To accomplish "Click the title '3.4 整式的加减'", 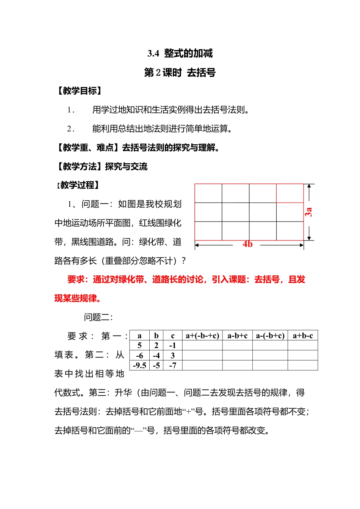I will [180, 53].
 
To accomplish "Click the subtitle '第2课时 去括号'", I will [180, 72].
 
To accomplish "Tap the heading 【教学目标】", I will [79, 91].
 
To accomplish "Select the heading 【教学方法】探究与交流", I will [101, 167].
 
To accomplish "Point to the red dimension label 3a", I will [308, 212].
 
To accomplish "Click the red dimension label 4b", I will [247, 244].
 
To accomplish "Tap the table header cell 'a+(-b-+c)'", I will [202, 336].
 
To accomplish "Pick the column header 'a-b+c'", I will [237, 336].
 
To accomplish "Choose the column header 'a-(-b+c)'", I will [270, 336].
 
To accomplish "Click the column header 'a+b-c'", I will [303, 336].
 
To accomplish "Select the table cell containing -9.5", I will [139, 365].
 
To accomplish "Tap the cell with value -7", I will [173, 365].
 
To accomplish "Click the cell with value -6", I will [139, 356].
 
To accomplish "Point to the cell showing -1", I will [173, 345].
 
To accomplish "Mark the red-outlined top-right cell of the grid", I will [290, 193].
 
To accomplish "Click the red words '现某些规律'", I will [77, 298].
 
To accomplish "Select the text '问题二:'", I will [98, 317].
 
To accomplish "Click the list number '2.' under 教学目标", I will [70, 129].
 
